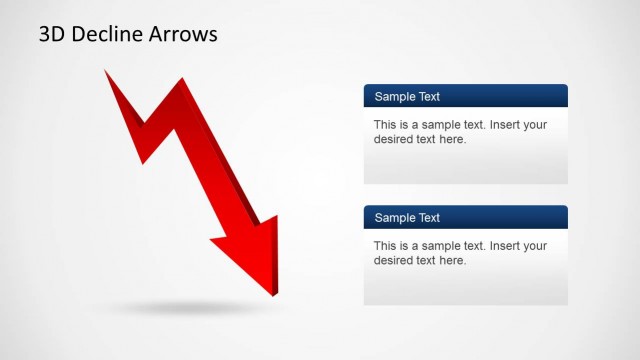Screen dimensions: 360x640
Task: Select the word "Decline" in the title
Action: tap(108, 35)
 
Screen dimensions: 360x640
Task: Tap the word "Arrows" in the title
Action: tap(183, 35)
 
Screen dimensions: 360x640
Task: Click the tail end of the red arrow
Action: tap(105, 71)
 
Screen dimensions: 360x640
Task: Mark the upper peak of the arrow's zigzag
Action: tap(181, 79)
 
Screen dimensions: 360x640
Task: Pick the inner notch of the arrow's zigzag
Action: tap(146, 125)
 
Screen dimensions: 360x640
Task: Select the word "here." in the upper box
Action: tap(452, 139)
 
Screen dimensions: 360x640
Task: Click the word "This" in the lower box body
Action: tap(386, 246)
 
